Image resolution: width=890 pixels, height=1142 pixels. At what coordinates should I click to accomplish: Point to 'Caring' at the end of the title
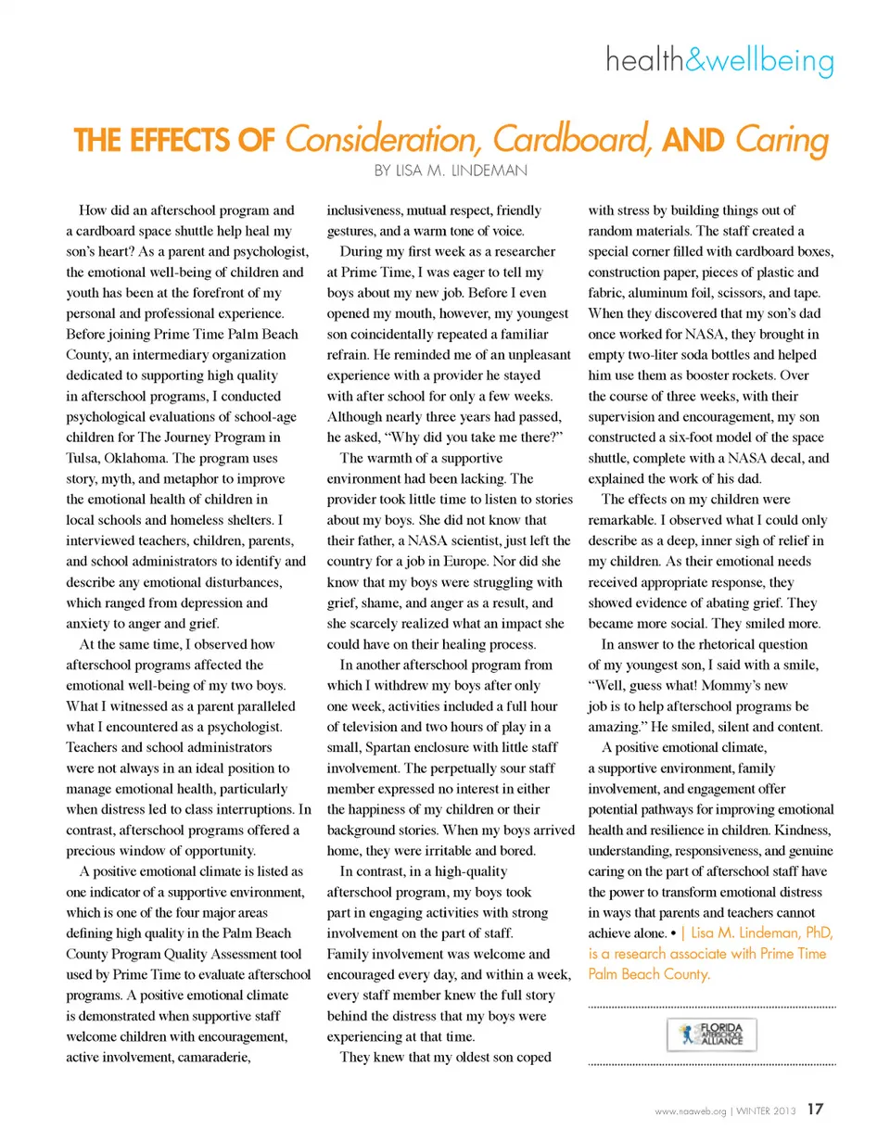[x=781, y=140]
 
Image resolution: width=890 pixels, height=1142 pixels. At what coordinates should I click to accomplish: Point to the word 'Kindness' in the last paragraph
[x=805, y=828]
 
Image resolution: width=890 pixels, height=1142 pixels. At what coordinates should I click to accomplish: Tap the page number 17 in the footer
[x=816, y=1109]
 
